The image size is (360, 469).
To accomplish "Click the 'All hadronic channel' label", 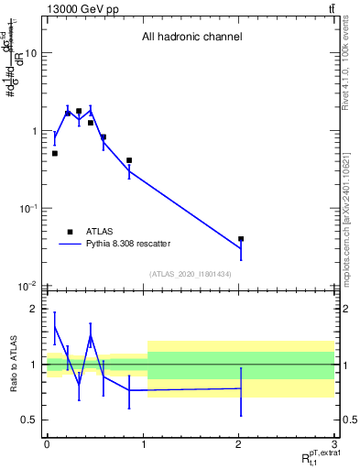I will pos(191,38).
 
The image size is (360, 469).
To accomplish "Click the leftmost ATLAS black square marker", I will pos(55,154).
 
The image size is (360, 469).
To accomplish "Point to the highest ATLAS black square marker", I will pos(79,111).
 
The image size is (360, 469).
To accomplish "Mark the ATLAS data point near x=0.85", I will pos(129,160).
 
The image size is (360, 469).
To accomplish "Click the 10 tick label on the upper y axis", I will pos(30,53).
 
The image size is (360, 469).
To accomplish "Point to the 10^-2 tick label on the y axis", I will pos(27,286).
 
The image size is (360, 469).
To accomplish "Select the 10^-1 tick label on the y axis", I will pos(27,209).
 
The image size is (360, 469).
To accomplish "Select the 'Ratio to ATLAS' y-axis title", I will pos(12,364).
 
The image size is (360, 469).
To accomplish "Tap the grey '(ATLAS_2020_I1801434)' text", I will pos(191,274).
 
